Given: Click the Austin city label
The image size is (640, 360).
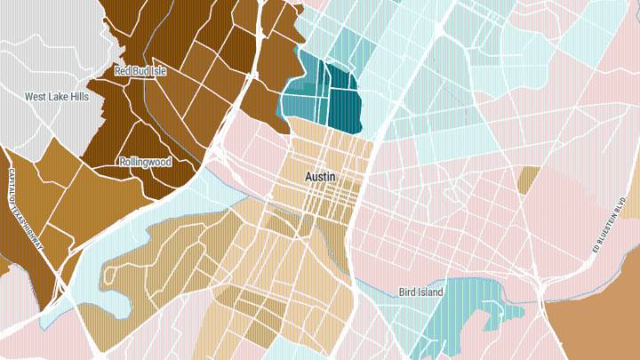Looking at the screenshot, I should (320, 177).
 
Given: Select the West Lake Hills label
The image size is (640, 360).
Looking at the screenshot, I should (56, 97).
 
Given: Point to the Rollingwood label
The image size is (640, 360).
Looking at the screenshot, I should (145, 163).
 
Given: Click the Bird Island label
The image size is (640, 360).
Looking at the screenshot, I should (420, 292).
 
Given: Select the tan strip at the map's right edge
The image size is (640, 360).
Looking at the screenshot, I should (634, 191).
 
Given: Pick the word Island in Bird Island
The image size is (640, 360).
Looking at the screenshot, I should (429, 292).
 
